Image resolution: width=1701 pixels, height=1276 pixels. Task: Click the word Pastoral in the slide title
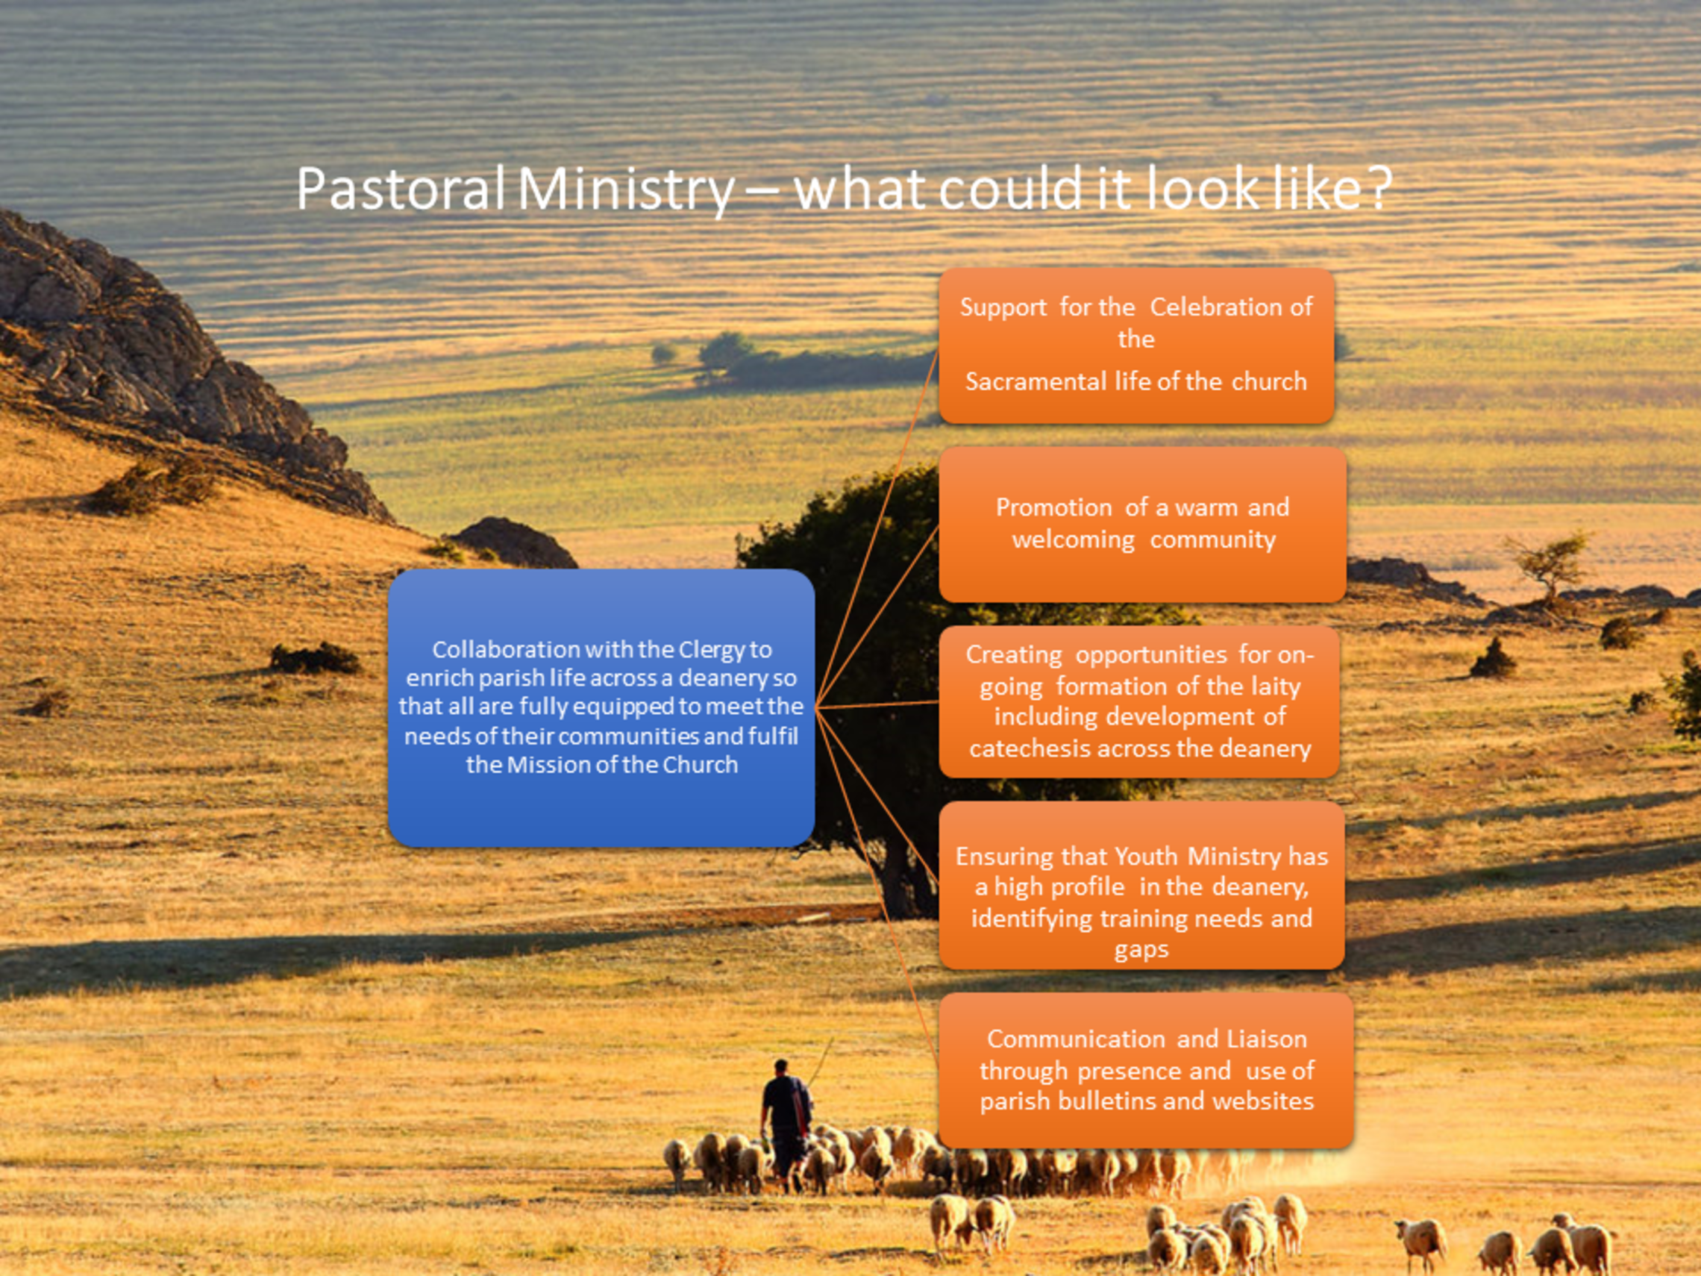(x=401, y=189)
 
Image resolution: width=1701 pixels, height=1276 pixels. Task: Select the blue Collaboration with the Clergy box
(x=601, y=707)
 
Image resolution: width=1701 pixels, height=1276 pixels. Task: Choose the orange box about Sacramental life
(x=1136, y=346)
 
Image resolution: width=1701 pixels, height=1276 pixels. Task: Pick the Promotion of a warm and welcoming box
(x=1143, y=525)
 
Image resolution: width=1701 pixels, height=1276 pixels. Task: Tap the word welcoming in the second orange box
(x=1074, y=540)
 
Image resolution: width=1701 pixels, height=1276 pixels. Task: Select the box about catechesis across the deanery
(x=1140, y=701)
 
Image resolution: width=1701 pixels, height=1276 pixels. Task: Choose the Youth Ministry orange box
(x=1142, y=885)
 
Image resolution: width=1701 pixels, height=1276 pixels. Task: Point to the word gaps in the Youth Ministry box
(x=1141, y=951)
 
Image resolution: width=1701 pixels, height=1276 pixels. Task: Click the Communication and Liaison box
(x=1146, y=1070)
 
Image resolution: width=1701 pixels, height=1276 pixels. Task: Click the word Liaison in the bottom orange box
(x=1267, y=1039)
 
